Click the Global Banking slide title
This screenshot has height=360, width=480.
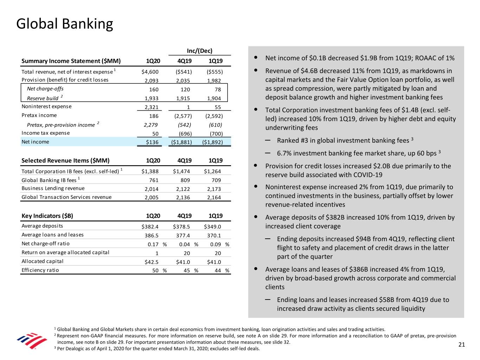coord(65,24)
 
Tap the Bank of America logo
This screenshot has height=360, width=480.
coord(32,341)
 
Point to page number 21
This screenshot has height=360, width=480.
coord(461,345)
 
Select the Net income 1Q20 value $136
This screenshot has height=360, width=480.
coord(152,142)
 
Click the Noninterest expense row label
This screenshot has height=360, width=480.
coord(46,107)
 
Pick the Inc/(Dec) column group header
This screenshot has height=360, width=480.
coord(199,51)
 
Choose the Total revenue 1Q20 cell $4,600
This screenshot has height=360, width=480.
coord(150,72)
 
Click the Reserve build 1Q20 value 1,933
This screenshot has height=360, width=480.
coord(152,98)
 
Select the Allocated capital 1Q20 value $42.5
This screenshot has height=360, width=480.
coord(152,262)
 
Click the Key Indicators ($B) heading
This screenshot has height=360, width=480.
coord(47,216)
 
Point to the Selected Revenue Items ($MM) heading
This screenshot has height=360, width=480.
coord(65,161)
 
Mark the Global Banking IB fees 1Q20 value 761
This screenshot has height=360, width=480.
coord(154,180)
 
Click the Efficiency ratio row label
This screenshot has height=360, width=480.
coord(40,270)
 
